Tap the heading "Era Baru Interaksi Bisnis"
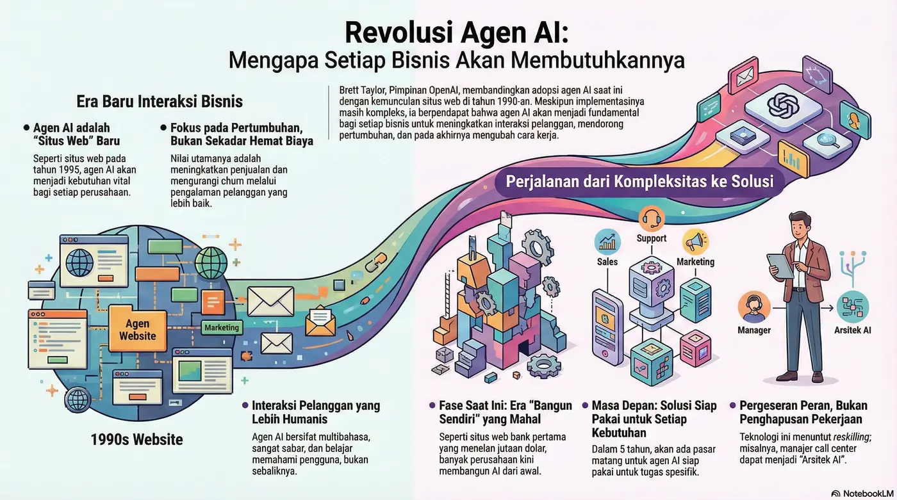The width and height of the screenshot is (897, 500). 160,101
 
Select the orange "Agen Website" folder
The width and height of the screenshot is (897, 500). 137,330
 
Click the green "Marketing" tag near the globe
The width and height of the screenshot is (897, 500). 221,328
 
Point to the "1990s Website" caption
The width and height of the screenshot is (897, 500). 136,440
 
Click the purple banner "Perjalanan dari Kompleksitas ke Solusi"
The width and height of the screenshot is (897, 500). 639,181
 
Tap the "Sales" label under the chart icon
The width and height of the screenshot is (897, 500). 607,261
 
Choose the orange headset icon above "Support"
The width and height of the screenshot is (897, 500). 651,218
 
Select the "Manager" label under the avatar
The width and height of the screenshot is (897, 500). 754,330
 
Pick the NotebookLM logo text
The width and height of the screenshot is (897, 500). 865,494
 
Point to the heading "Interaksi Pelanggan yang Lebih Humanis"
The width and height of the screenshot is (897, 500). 315,412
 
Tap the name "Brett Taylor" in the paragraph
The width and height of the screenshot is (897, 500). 356,91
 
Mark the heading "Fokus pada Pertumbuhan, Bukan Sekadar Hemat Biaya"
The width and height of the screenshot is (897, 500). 241,133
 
